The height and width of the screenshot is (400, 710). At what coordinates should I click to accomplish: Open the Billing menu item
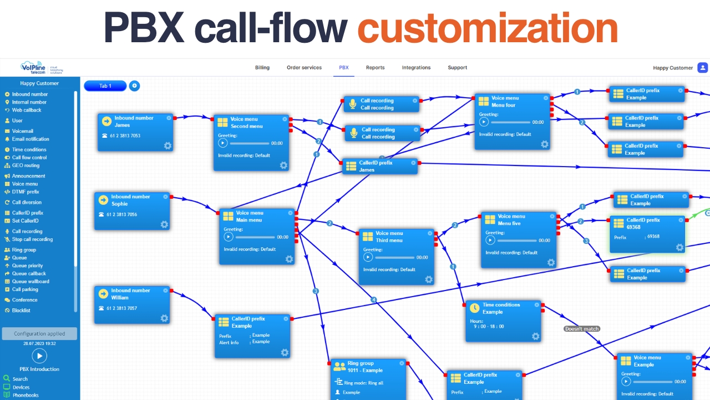coord(262,68)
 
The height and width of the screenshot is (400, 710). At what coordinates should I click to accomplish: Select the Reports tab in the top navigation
coord(375,68)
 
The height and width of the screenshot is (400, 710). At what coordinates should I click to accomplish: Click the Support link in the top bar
coord(457,68)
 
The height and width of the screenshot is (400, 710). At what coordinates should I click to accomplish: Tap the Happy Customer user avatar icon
coord(702,68)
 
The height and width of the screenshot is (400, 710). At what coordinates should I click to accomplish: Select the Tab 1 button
coord(105,86)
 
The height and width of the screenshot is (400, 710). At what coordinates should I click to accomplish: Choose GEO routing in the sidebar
coord(26,166)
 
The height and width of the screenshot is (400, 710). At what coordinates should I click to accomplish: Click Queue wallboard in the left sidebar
coord(31,282)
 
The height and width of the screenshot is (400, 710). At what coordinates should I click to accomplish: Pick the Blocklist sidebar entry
coord(21,311)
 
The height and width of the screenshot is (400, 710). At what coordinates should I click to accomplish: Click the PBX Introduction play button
coord(39,356)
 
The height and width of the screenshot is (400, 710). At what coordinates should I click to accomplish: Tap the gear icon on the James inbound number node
coord(168,146)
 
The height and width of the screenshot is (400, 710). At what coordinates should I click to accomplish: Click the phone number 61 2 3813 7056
coord(121,214)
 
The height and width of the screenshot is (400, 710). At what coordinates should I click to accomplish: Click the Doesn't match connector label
coord(582,329)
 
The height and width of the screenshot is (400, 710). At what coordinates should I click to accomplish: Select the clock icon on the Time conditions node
coord(475,308)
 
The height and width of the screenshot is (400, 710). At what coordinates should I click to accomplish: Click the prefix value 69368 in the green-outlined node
coord(653,237)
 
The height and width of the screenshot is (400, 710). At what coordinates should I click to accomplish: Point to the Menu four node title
coord(503,105)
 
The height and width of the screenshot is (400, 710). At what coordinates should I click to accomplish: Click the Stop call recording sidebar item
coord(32,239)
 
